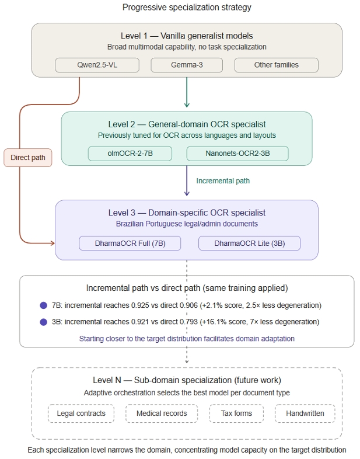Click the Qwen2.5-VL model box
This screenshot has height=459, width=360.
coord(97,65)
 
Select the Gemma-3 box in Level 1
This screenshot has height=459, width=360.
coord(187,65)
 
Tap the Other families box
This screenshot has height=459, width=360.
coord(277,65)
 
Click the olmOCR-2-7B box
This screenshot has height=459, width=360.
coord(130,154)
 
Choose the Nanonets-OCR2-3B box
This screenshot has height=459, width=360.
coord(237,154)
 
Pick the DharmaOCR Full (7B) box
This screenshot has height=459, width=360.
coord(130,244)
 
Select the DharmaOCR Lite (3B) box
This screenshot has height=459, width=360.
coord(250,244)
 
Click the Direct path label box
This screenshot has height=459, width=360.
coord(28,158)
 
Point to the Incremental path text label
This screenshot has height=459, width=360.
coord(223,181)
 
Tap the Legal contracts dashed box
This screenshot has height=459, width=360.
coord(81,413)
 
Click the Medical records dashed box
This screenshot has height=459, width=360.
coord(162,413)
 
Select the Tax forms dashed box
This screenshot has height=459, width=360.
coord(236,413)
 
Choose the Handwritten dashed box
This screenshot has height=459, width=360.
coord(305,413)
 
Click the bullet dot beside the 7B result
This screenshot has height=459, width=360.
coord(44,305)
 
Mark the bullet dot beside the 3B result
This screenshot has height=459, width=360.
coord(44,322)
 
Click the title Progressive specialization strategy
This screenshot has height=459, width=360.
coord(187,8)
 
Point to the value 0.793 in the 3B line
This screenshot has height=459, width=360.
coord(188,322)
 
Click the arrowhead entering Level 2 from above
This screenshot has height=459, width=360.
coord(187,105)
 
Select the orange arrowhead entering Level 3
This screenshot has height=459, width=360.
coord(53,243)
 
